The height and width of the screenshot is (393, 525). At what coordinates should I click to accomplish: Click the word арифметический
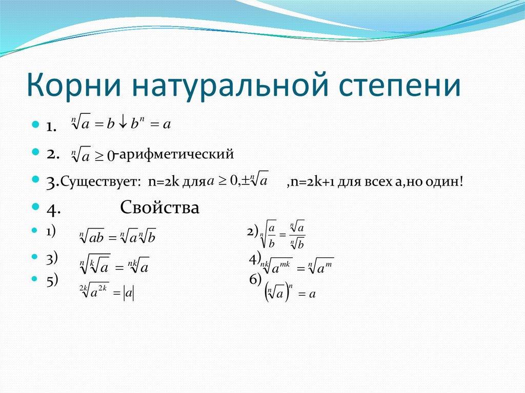[176, 154]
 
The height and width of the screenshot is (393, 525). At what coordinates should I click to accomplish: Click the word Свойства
[160, 207]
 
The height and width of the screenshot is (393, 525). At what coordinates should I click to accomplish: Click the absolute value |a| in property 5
[129, 294]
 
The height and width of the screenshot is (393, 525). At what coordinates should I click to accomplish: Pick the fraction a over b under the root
[272, 235]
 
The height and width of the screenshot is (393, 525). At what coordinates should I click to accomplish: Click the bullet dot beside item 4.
[35, 206]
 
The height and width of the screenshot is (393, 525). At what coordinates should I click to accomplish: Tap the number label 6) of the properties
[255, 280]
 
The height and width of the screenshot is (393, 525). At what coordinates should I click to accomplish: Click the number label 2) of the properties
[253, 232]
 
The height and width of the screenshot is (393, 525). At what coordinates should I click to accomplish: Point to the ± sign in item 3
[246, 181]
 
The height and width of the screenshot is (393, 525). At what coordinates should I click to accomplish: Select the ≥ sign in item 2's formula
[99, 156]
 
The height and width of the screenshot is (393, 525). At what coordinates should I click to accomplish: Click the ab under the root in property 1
[97, 238]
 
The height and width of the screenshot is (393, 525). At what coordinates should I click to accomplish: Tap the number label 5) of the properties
[52, 281]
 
